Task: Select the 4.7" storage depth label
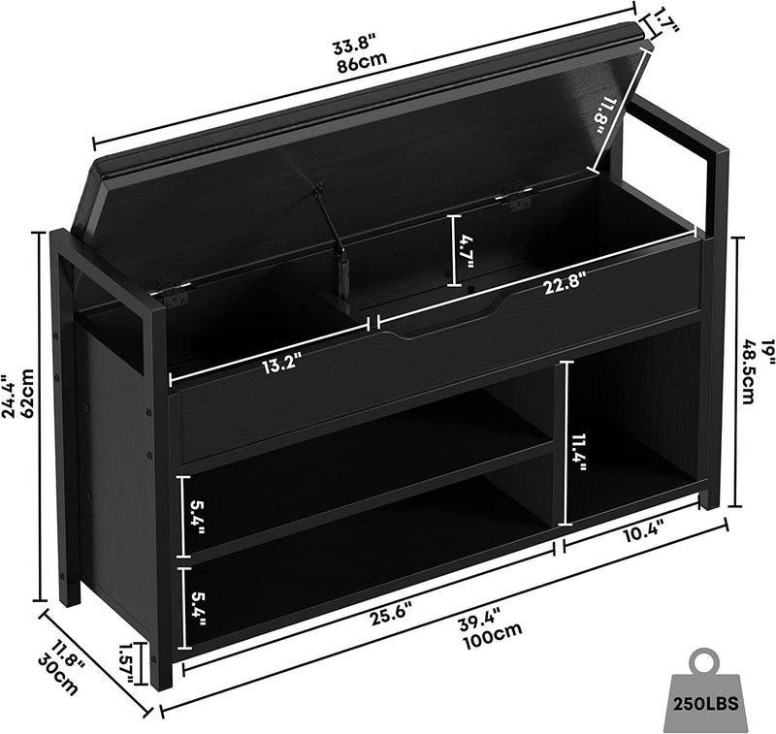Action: (x=467, y=251)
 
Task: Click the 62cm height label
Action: (x=28, y=394)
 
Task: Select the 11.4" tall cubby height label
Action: (x=578, y=453)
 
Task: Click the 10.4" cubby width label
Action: (x=642, y=533)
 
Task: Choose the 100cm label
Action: (x=492, y=638)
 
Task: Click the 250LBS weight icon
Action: (x=706, y=688)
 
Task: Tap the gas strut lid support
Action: (x=331, y=233)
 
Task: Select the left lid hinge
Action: (x=172, y=293)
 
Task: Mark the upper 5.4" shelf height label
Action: (x=198, y=517)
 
